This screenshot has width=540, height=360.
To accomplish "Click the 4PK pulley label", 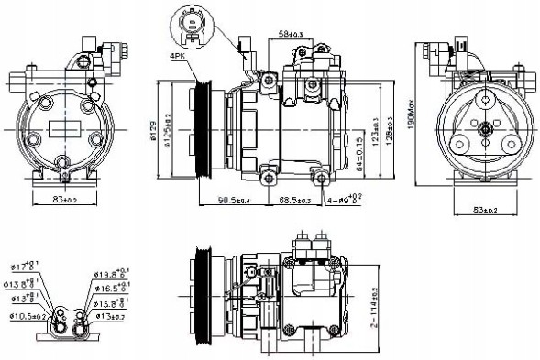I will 176,58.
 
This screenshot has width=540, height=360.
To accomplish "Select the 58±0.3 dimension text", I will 292,35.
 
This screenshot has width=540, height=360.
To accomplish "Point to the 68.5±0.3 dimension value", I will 295,200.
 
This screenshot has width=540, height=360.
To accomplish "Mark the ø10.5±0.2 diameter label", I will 28,317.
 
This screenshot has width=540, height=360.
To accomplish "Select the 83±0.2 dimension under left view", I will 62,199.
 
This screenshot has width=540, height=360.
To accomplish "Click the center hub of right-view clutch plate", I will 483,131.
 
